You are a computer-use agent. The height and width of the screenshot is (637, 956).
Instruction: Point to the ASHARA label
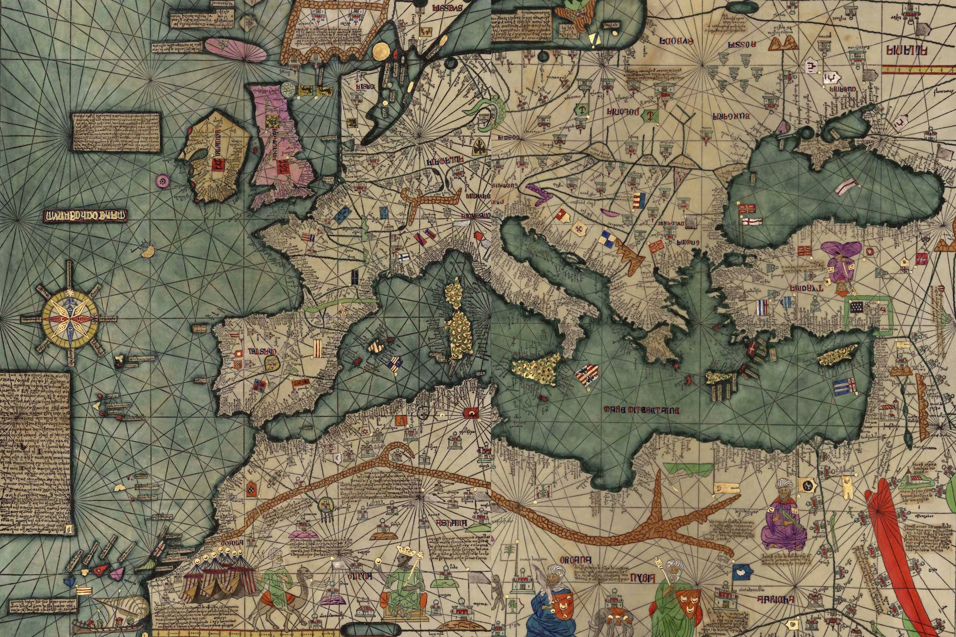[x=451, y=523]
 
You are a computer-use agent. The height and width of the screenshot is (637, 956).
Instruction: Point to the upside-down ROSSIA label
[x=742, y=45]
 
